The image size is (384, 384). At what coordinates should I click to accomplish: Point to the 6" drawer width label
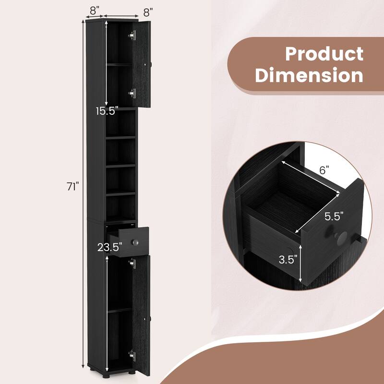(324, 170)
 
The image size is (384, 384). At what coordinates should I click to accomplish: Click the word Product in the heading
(324, 54)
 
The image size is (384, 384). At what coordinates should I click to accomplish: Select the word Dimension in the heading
(309, 76)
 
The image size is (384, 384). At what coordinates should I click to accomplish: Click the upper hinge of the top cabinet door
(133, 35)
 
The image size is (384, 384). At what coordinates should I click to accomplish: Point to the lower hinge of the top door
(133, 93)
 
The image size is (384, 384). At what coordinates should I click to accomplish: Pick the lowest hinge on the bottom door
(132, 354)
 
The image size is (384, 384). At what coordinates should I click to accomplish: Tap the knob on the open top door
(150, 64)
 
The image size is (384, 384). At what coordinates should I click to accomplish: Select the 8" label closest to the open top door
(148, 10)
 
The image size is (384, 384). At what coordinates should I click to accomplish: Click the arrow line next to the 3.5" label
(301, 263)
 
